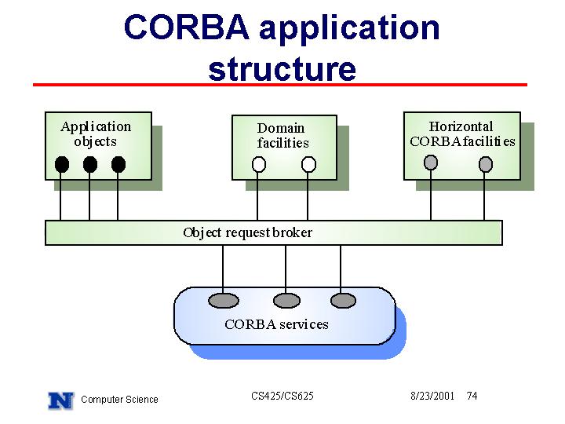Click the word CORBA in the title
(186, 27)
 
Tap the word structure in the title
(282, 68)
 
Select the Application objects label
(96, 133)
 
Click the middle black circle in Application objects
(90, 164)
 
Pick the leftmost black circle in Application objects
(62, 164)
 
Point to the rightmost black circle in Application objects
(118, 164)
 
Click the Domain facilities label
(282, 136)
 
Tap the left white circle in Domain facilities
(259, 164)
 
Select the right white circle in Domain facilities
(308, 164)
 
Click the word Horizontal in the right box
(461, 126)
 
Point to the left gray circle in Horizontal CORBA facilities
(431, 163)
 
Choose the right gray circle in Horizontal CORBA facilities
(486, 164)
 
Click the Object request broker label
(247, 232)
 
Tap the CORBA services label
(276, 324)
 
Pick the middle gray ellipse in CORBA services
(286, 300)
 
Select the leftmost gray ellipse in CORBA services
(224, 300)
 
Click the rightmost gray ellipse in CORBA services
(343, 300)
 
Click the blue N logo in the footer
(61, 400)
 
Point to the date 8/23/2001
(432, 397)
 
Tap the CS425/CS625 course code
(282, 396)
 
